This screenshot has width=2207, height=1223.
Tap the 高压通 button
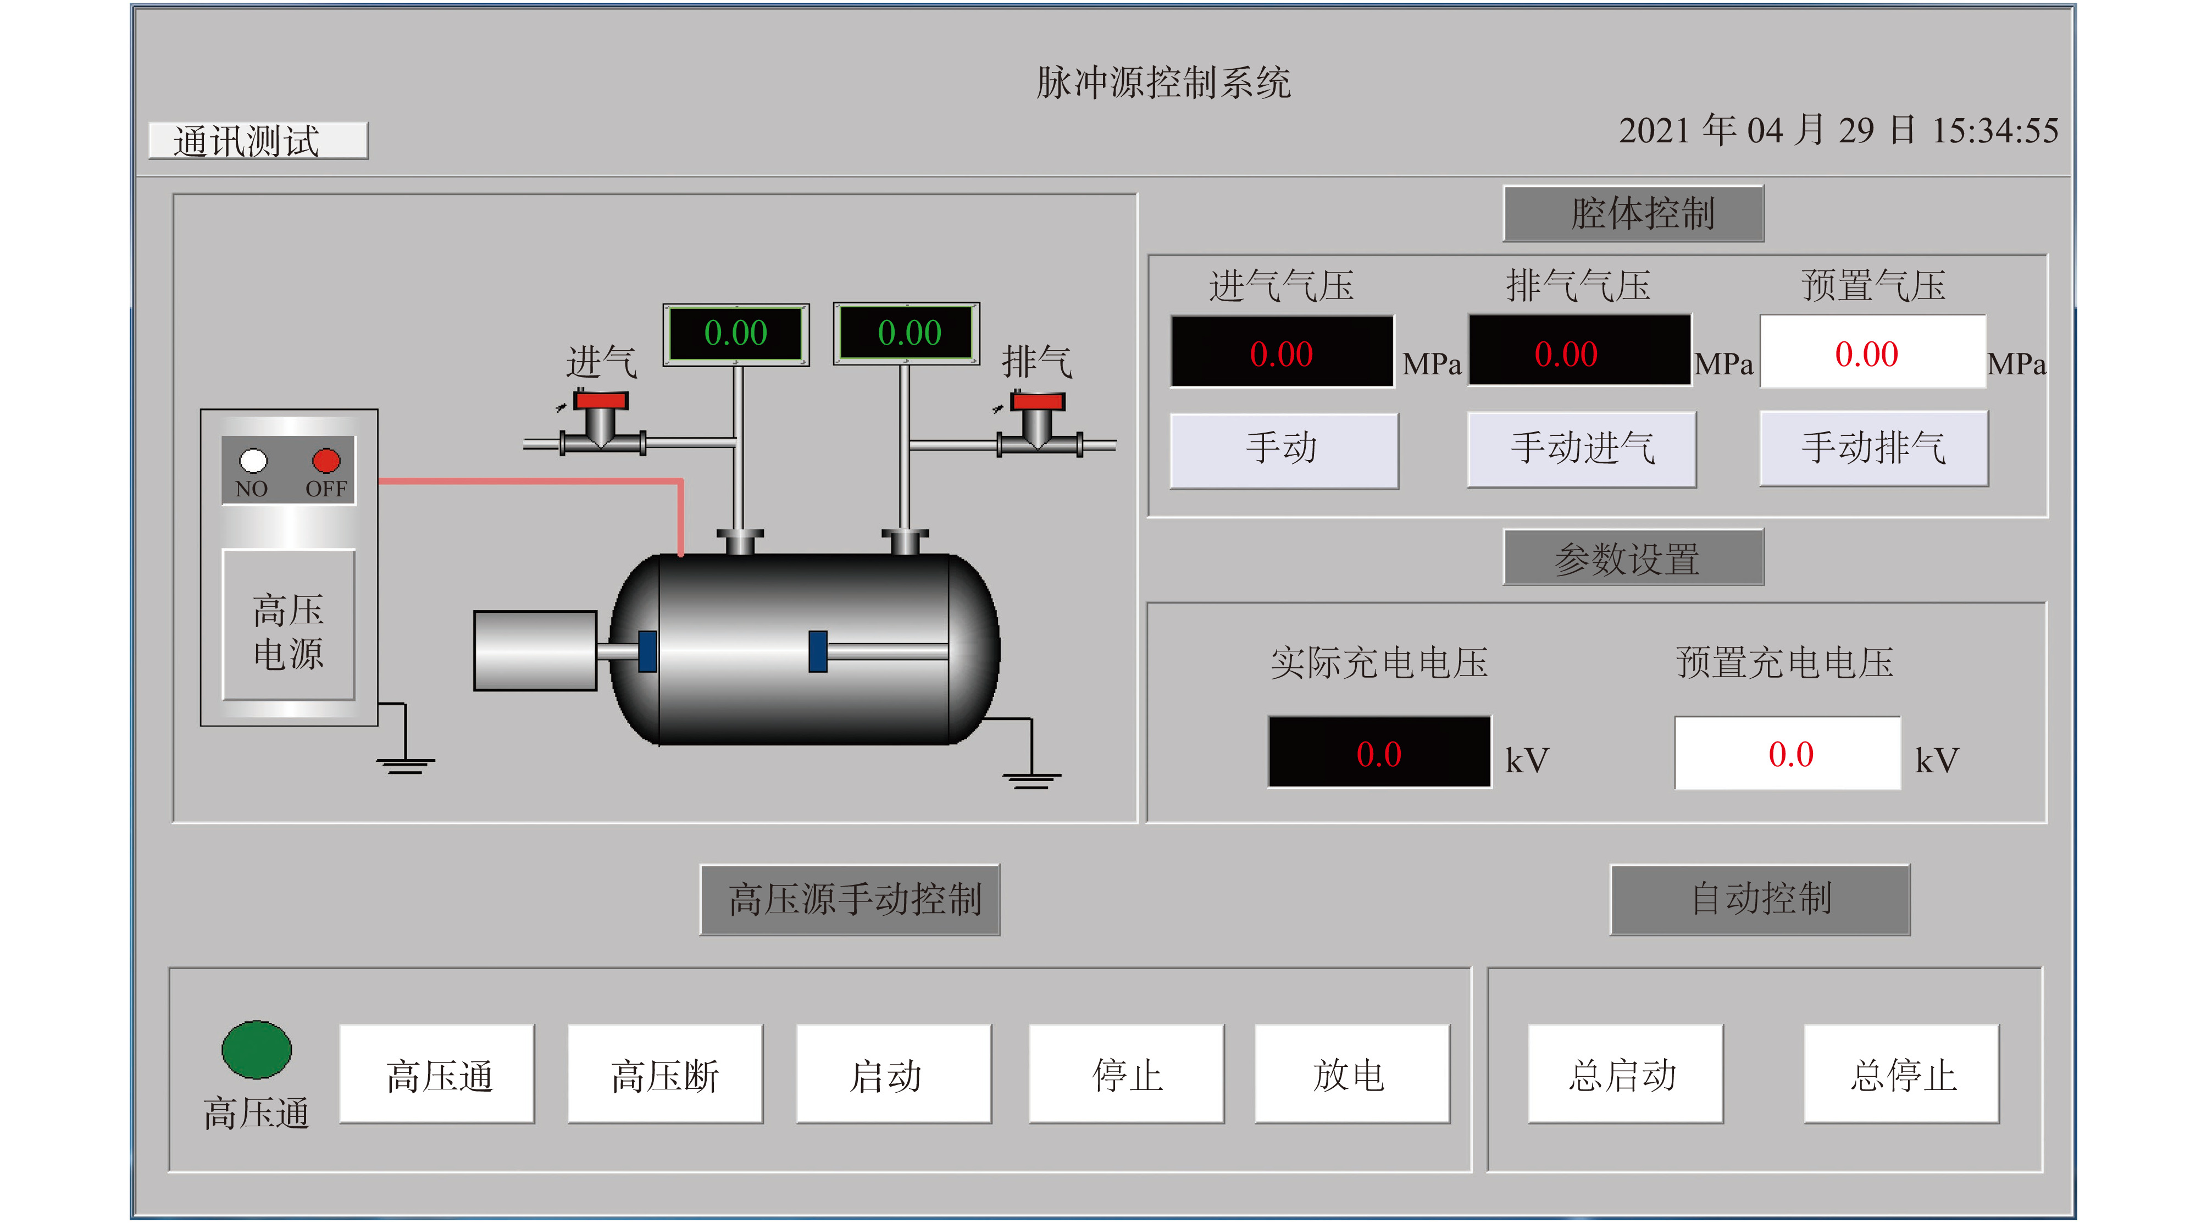point(437,1074)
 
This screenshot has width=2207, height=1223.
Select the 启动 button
point(894,1074)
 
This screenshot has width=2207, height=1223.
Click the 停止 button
point(1126,1074)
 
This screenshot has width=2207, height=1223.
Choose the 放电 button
point(1352,1074)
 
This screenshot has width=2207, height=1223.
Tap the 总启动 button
point(1625,1074)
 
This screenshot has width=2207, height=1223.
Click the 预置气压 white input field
point(1873,351)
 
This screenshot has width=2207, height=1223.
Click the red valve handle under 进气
point(601,400)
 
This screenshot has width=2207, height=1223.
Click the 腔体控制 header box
point(1633,213)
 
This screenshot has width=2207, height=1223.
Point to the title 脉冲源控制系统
point(1163,83)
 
